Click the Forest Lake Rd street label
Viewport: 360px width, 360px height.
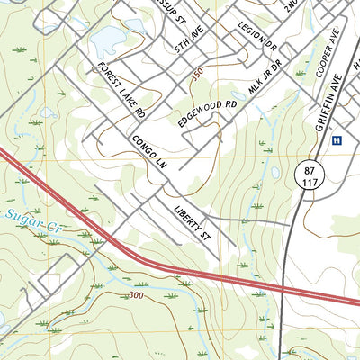point(121,92)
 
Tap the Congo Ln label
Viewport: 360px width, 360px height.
point(148,154)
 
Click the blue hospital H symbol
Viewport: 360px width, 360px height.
point(337,140)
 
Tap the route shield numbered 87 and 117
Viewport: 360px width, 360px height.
point(308,175)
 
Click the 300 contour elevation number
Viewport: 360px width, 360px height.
point(136,294)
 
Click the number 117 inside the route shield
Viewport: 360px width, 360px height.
point(308,181)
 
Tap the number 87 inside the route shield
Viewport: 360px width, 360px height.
point(308,168)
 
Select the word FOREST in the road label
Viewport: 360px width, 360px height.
point(110,78)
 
